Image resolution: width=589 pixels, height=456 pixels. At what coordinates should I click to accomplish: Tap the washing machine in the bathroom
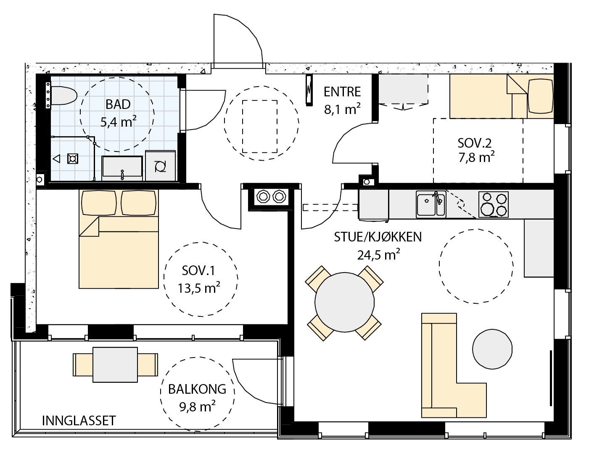(161, 166)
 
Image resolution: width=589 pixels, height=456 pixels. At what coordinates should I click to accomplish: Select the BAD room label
(118, 104)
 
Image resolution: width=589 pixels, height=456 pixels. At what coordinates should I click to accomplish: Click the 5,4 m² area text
(119, 122)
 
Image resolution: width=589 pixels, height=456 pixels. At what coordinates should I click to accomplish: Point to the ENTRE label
(342, 92)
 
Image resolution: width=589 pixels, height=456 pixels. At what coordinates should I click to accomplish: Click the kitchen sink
(431, 204)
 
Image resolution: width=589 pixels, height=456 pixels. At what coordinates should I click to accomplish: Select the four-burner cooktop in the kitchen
(493, 204)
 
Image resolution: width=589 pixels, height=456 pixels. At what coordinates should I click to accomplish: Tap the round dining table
(344, 302)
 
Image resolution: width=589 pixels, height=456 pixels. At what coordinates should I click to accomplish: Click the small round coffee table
(492, 349)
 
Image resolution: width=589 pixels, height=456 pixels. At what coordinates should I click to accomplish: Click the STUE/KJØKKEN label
(378, 237)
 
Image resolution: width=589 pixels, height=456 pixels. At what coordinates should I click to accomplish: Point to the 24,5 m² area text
(379, 255)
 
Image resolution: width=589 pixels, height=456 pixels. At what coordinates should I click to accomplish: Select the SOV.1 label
(198, 270)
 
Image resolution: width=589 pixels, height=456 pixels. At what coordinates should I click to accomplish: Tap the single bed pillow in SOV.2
(541, 96)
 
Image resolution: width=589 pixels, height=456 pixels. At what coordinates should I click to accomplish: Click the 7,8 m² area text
(476, 157)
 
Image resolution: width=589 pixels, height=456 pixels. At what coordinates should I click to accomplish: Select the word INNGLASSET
(79, 421)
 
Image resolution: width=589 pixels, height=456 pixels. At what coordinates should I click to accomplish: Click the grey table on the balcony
(115, 364)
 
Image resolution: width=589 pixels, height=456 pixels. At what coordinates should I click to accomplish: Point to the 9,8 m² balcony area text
(197, 406)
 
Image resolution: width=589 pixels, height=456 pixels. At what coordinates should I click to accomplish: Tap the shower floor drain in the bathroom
(73, 159)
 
